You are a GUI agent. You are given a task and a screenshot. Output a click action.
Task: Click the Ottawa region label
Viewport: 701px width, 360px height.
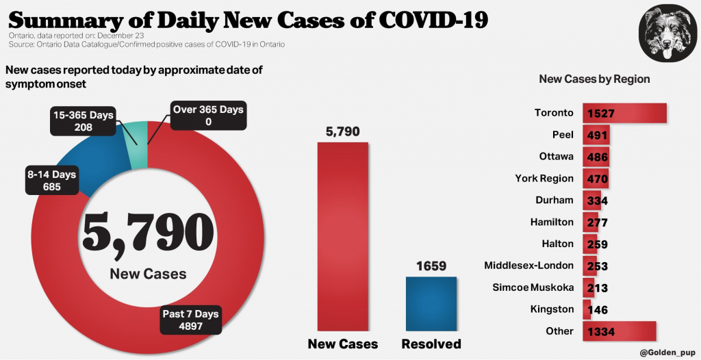pyautogui.click(x=556, y=156)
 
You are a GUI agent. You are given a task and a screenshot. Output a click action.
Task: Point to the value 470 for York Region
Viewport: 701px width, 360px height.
pyautogui.click(x=596, y=179)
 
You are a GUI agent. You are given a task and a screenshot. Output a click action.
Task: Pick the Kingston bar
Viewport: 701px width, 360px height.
pyautogui.click(x=587, y=309)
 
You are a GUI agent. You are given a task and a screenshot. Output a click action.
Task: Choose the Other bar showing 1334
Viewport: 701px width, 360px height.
pyautogui.click(x=620, y=331)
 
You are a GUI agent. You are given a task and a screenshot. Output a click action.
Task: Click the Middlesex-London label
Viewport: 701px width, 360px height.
pyautogui.click(x=528, y=266)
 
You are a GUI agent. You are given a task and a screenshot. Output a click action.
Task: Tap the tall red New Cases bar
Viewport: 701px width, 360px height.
pyautogui.click(x=342, y=236)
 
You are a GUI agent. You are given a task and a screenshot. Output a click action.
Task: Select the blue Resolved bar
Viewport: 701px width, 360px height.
pyautogui.click(x=431, y=304)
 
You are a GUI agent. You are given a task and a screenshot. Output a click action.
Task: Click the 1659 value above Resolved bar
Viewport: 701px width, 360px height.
pyautogui.click(x=431, y=266)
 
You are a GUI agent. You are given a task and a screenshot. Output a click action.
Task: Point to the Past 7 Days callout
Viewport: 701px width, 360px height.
pyautogui.click(x=190, y=320)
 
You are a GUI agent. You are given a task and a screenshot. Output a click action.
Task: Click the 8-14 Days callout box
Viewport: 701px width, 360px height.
pyautogui.click(x=51, y=180)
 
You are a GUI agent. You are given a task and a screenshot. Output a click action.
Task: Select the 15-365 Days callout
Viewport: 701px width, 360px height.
pyautogui.click(x=83, y=120)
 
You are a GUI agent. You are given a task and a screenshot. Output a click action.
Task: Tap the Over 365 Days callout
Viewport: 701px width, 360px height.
pyautogui.click(x=208, y=116)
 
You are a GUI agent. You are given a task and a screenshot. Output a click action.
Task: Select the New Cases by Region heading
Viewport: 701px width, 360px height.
pyautogui.click(x=594, y=79)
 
